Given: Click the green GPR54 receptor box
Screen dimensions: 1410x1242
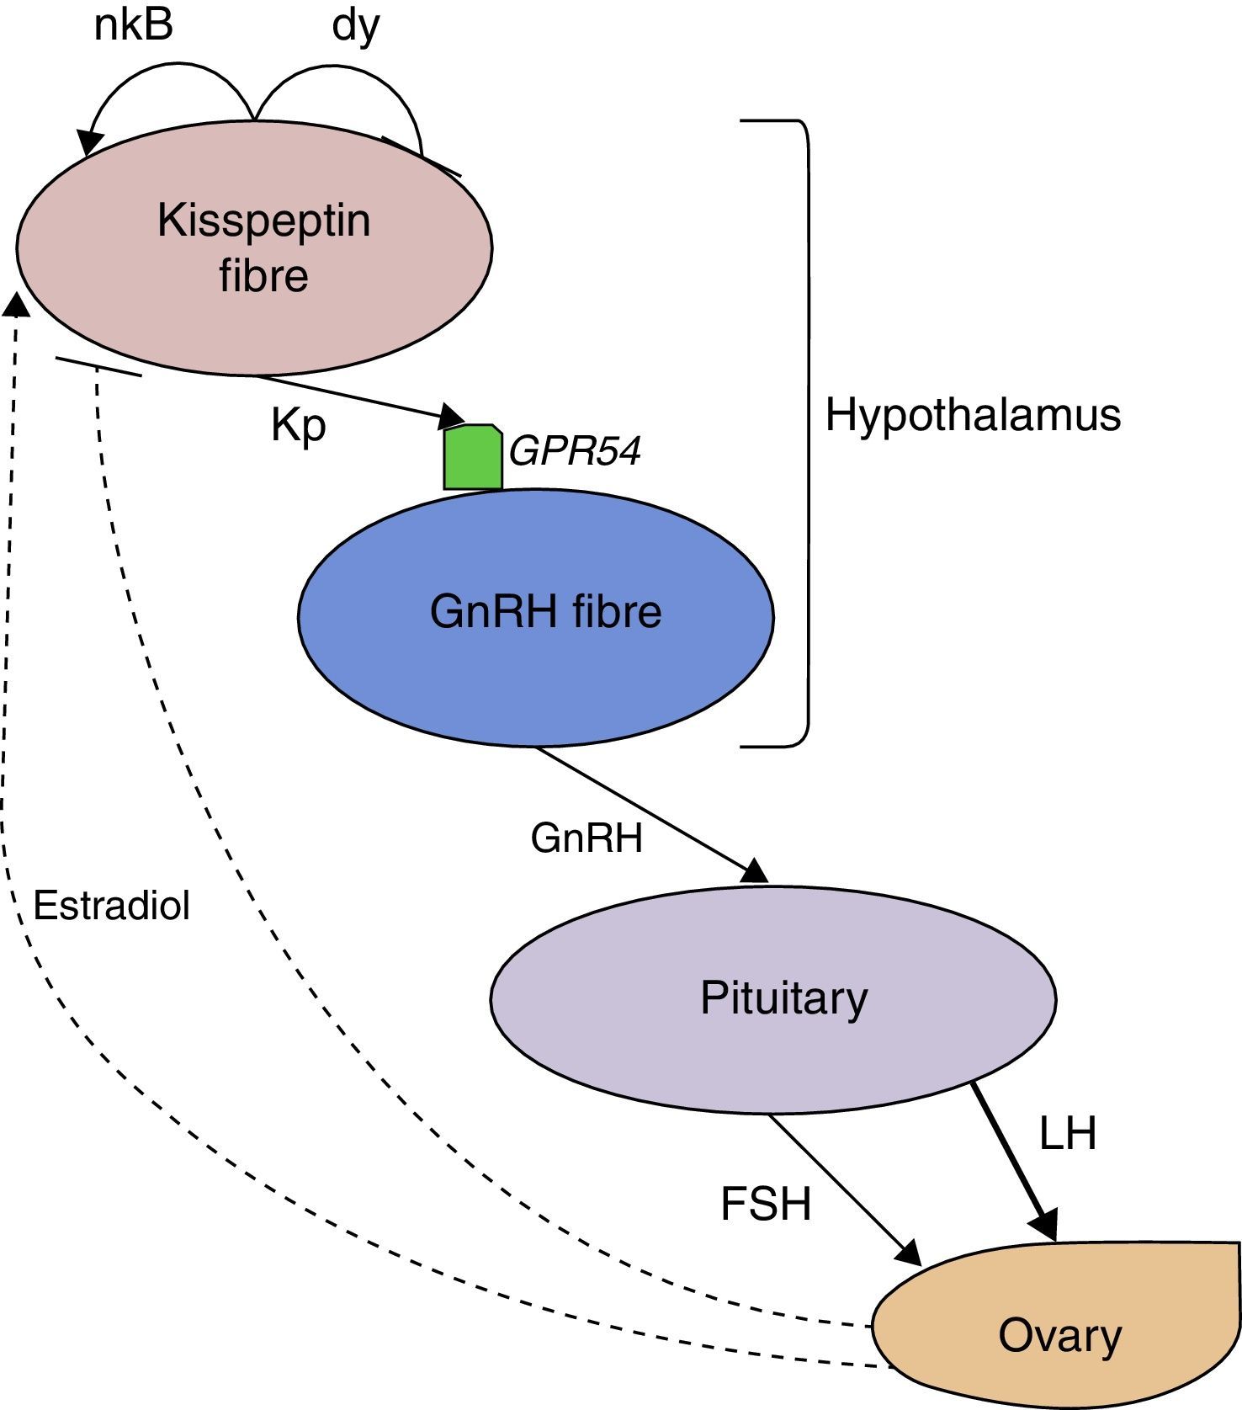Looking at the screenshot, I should tap(473, 457).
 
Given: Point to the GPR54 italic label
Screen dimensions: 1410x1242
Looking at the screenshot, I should tap(575, 451).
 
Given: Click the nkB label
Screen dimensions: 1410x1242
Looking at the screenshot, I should tap(133, 25).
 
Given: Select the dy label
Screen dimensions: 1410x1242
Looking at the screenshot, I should tap(356, 27).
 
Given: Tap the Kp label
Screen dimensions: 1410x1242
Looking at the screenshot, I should tap(298, 425).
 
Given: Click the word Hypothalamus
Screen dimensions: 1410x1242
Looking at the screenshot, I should tap(973, 415).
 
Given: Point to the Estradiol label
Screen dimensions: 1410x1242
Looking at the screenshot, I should tap(111, 906).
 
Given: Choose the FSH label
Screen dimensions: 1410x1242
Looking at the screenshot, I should tap(766, 1204).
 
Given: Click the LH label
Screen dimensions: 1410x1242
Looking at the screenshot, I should tap(1068, 1133).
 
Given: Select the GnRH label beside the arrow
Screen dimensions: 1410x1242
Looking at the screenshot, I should tap(586, 838).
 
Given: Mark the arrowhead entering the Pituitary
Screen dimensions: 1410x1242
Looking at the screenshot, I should tap(755, 872).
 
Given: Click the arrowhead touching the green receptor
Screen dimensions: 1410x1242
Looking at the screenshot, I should tap(453, 415).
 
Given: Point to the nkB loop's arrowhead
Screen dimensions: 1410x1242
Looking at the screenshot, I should tap(87, 143).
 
